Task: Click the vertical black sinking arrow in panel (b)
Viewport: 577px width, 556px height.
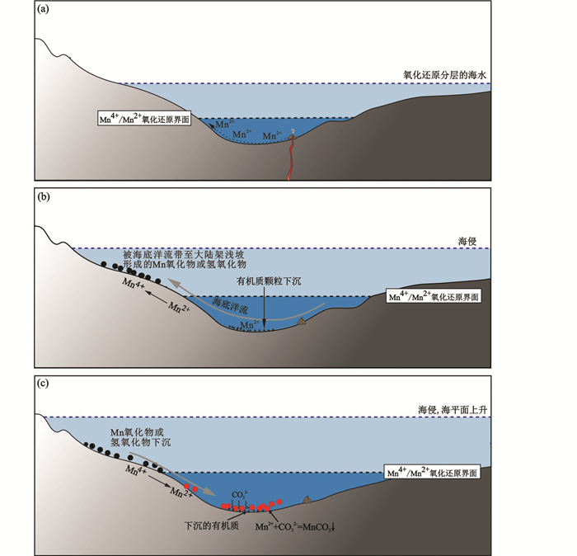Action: (x=263, y=307)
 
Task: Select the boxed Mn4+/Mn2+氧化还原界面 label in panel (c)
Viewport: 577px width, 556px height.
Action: (x=434, y=475)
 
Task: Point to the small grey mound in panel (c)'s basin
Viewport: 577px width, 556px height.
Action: (x=307, y=498)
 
